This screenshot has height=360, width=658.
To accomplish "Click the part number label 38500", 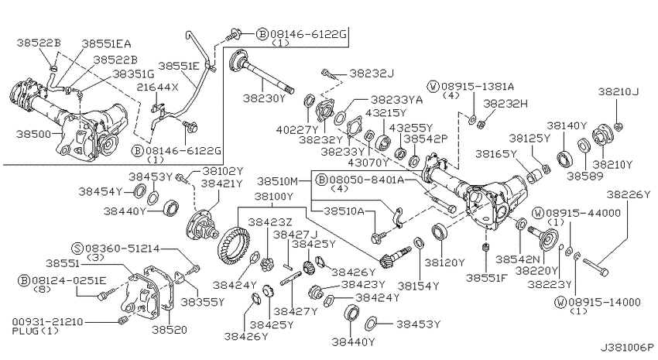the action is (33, 134).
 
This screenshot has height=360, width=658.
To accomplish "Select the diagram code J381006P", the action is (626, 348).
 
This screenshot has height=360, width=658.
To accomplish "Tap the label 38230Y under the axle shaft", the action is (265, 98).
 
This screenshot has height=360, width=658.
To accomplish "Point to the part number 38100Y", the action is (274, 196).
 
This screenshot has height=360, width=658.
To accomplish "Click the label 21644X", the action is (158, 87).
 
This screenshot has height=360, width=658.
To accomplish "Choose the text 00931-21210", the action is (47, 322).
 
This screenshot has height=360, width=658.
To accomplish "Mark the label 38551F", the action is (487, 278).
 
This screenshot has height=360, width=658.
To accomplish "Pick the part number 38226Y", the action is (629, 194).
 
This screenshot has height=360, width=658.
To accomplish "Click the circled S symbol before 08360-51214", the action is (77, 249).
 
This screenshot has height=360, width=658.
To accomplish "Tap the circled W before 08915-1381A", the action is (433, 87).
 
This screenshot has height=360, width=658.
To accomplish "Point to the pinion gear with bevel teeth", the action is (395, 258).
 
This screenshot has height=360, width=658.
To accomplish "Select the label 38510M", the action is (277, 181).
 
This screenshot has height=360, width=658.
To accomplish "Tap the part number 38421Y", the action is (221, 183).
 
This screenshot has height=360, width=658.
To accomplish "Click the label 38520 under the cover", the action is (170, 330).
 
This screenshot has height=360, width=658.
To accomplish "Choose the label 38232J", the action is (372, 74).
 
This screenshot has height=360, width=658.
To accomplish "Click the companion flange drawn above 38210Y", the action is (602, 135).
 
